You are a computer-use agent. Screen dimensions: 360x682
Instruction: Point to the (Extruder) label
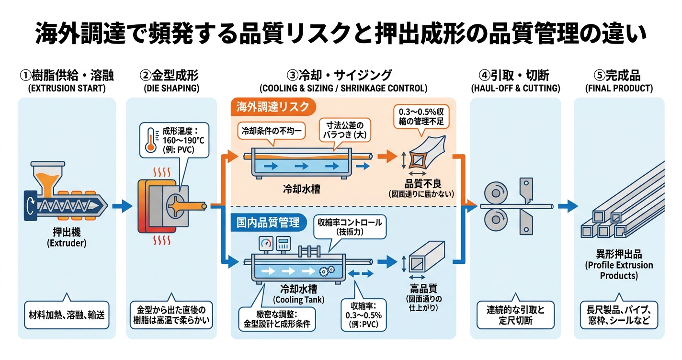66,244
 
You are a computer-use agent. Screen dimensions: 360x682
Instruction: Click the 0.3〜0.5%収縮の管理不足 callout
421,116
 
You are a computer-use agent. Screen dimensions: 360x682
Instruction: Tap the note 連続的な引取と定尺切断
515,314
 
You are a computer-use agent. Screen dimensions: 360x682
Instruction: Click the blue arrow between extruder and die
121,206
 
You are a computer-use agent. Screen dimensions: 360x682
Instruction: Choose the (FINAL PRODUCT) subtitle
619,88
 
